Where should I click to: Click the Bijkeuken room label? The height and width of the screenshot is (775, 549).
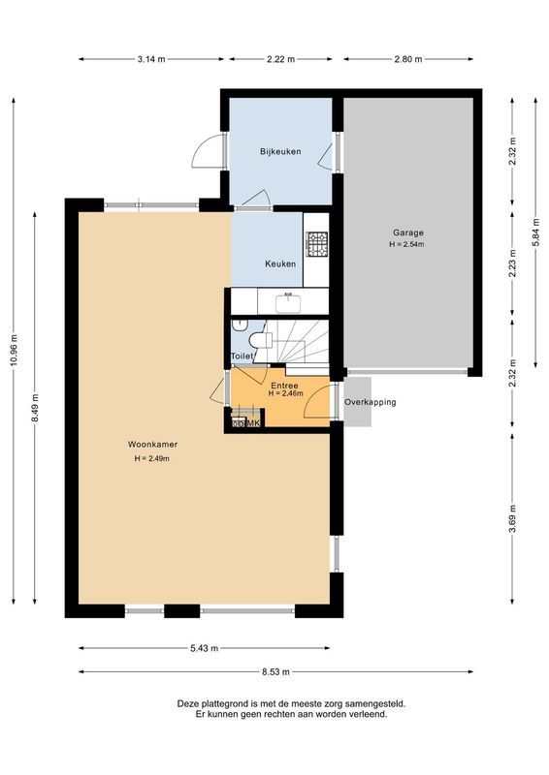(x=280, y=152)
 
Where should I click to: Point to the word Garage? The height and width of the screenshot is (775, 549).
(x=407, y=232)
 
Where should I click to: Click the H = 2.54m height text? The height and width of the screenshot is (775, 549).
(x=407, y=245)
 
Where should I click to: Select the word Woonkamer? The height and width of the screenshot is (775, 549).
(x=152, y=445)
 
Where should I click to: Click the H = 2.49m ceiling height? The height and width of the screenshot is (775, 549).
(x=152, y=458)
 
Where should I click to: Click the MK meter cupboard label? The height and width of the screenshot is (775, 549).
(x=252, y=423)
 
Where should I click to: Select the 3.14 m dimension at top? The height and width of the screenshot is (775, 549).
(x=151, y=59)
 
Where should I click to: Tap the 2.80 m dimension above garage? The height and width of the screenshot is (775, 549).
(x=408, y=59)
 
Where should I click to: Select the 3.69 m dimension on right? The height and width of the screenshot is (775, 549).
(x=512, y=521)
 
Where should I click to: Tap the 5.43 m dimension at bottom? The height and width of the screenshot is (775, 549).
(x=204, y=648)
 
